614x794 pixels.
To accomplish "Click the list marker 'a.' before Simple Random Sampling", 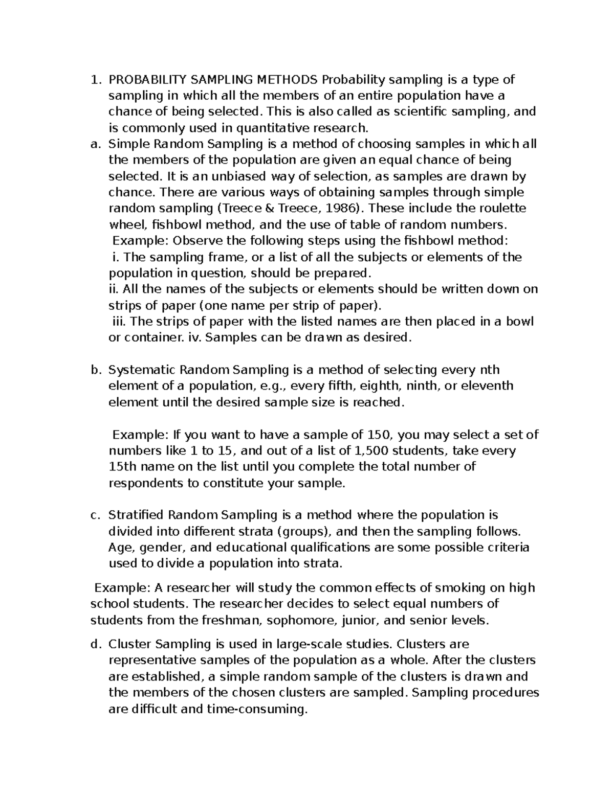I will (x=94, y=144).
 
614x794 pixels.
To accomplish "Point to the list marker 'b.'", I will (x=95, y=370).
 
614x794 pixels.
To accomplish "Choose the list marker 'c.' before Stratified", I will (x=94, y=515).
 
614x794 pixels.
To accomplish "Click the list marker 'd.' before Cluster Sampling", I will (x=95, y=644).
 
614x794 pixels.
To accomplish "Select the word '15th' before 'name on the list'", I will (x=123, y=467).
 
